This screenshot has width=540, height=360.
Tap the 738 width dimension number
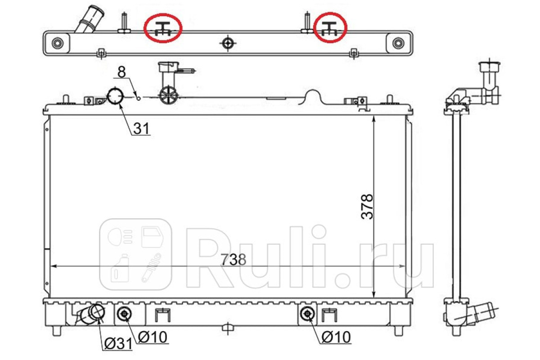click(x=234, y=260)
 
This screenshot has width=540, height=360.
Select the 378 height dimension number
click(x=367, y=207)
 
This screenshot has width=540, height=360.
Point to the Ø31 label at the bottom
click(x=118, y=343)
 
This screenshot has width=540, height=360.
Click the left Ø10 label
click(x=153, y=337)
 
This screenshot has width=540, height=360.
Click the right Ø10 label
click(x=336, y=337)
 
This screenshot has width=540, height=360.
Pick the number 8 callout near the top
click(x=122, y=72)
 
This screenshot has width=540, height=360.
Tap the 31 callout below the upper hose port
click(x=141, y=128)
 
